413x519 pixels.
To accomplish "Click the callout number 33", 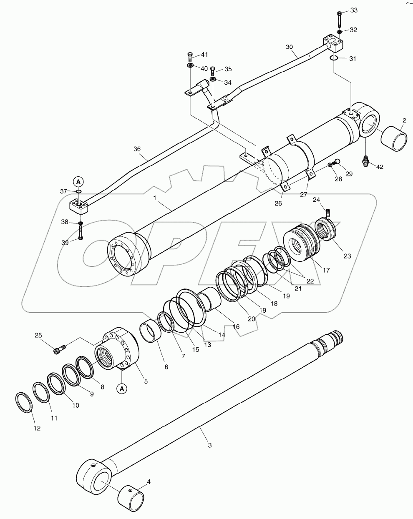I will coord(353,10).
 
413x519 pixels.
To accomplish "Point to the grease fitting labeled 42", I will coord(367,161).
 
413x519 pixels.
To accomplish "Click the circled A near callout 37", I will coord(78,181).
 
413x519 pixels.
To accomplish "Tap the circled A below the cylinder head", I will coord(122,389).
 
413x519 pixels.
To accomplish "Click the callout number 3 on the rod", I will coord(209,445).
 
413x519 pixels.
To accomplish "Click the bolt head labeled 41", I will coord(190,55).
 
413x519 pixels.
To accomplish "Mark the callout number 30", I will coord(289,48).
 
